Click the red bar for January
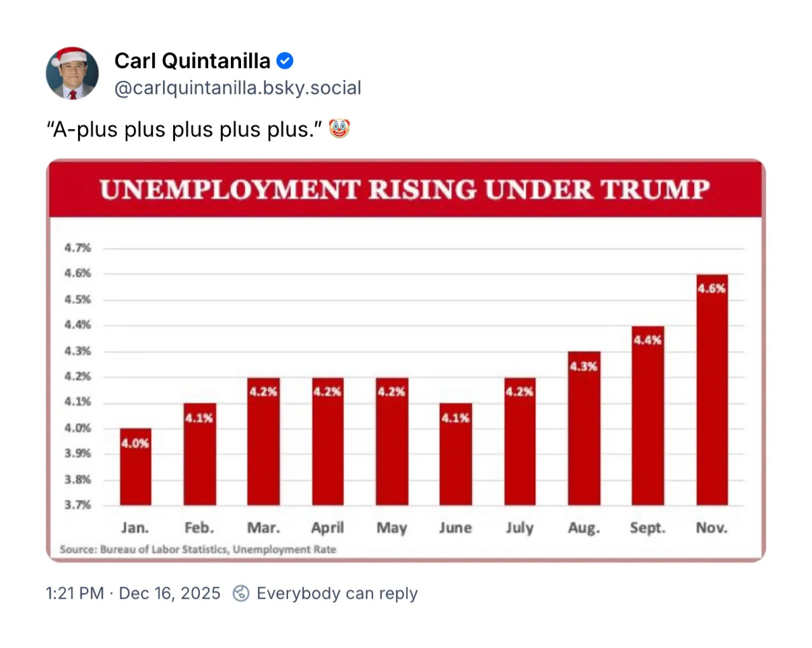[135, 467]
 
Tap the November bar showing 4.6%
[712, 390]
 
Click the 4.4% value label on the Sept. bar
[648, 340]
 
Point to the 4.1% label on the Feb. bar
[200, 418]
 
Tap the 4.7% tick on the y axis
[78, 248]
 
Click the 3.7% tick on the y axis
[78, 505]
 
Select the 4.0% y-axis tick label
[78, 428]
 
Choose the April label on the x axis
[327, 528]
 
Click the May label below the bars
[392, 528]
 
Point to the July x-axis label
[520, 528]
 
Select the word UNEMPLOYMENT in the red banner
[228, 190]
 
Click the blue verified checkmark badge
[285, 61]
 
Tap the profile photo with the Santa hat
[71, 73]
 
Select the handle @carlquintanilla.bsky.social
[238, 88]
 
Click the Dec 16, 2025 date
[169, 593]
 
